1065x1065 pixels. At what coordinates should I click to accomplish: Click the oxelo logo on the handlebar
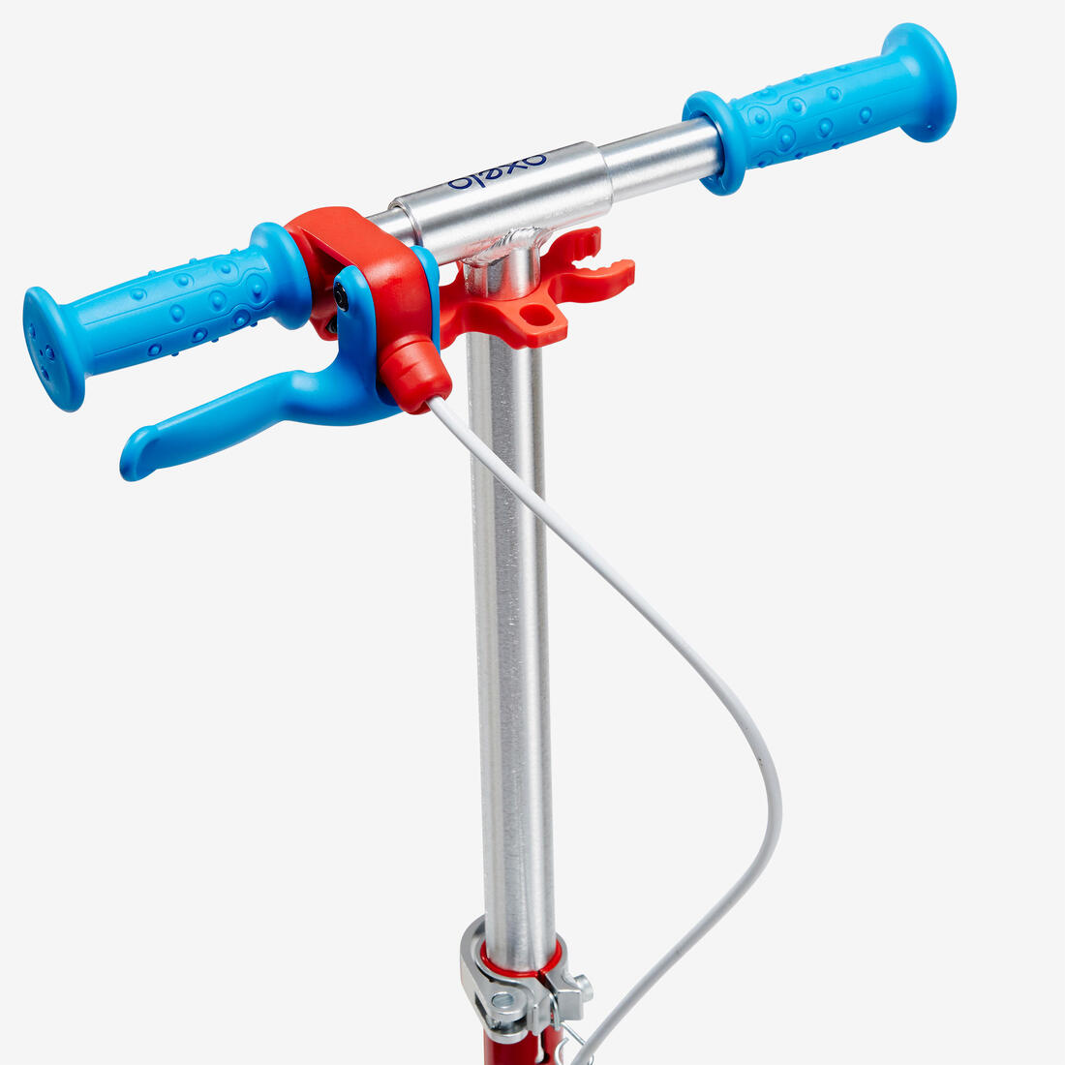[x=498, y=172]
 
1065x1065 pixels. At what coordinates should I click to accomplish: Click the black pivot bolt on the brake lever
[x=340, y=297]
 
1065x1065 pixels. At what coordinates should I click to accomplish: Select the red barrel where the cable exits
[x=415, y=374]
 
